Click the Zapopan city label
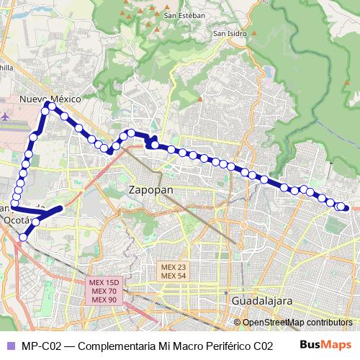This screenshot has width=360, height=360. pyautogui.click(x=150, y=192)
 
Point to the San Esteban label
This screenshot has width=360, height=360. pyautogui.click(x=184, y=14)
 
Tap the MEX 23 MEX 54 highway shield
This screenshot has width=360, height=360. pyautogui.click(x=173, y=271)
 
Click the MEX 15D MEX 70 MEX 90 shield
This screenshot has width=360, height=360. pyautogui.click(x=104, y=290)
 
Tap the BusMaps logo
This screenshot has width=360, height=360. pyautogui.click(x=325, y=345)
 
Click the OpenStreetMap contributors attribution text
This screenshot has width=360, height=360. pyautogui.click(x=297, y=323)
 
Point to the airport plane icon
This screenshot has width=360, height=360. pyautogui.click(x=6, y=114)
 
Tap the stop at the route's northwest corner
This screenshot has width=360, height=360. pyautogui.click(x=48, y=107)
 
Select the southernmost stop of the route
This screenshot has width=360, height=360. pyautogui.click(x=24, y=236)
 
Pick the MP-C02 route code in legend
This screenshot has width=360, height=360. pyautogui.click(x=40, y=346)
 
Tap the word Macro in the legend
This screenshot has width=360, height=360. pyautogui.click(x=171, y=346)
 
